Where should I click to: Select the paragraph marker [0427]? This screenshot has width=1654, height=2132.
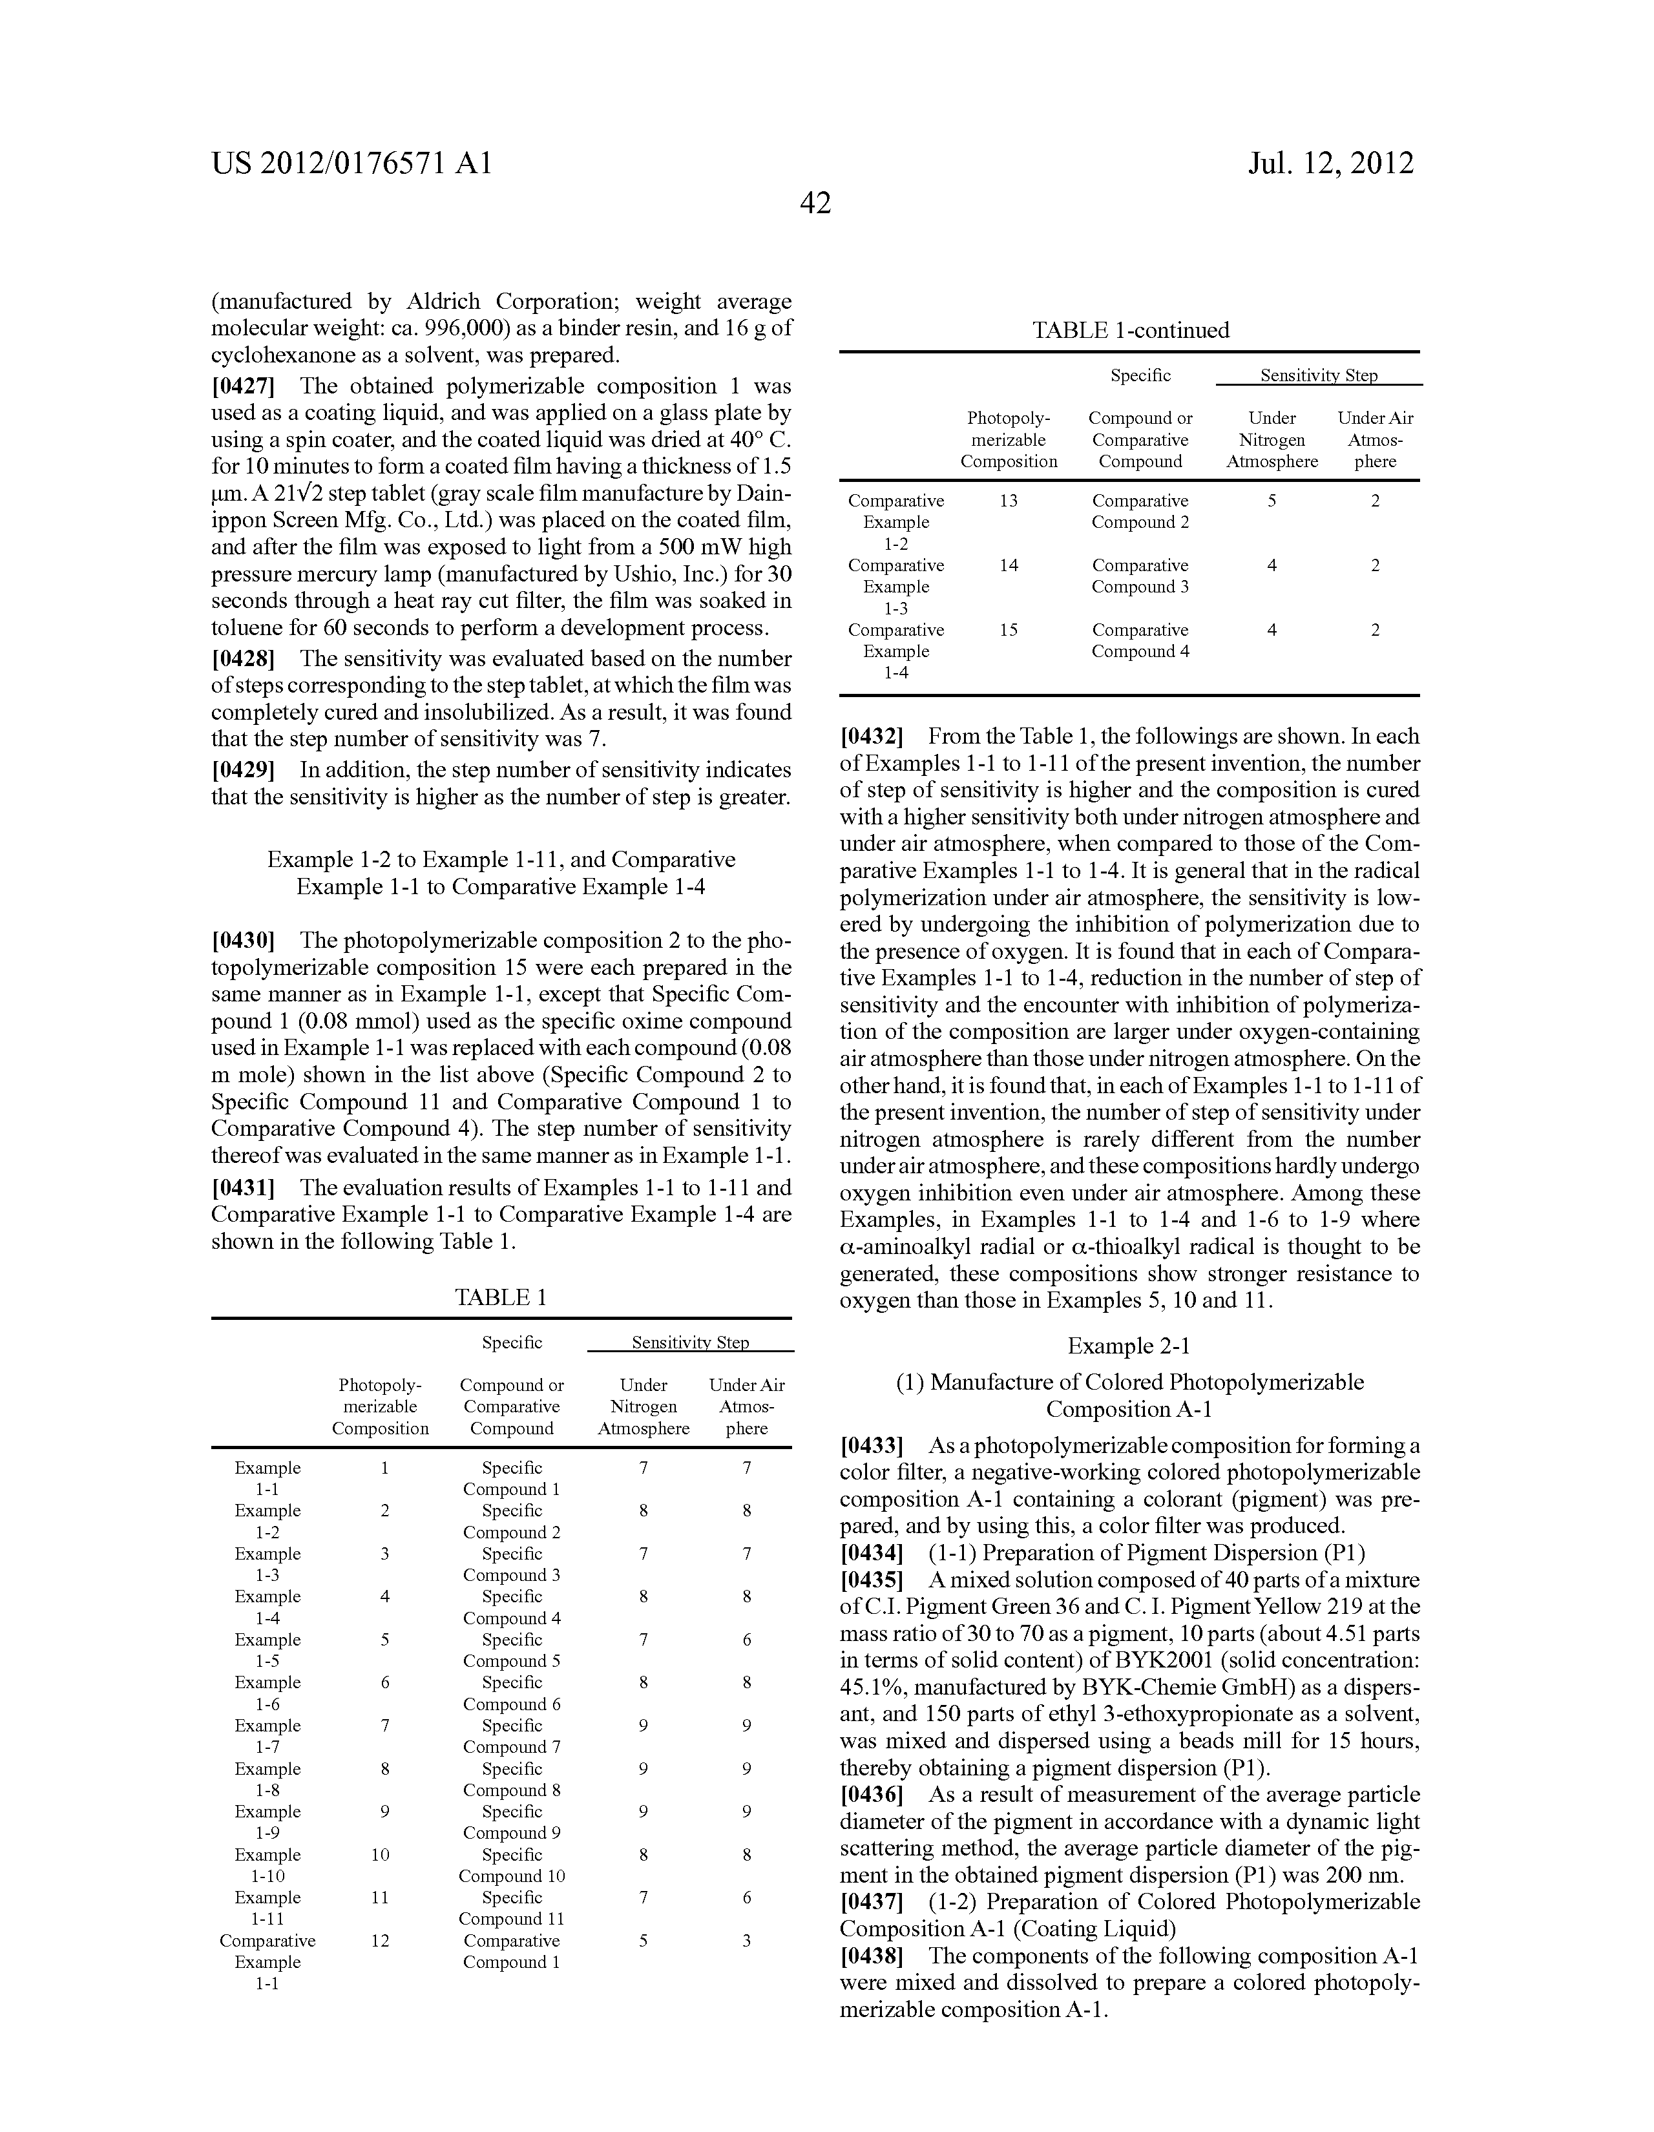[243, 386]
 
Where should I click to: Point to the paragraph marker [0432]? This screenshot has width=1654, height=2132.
[871, 737]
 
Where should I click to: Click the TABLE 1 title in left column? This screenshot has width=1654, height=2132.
[501, 1297]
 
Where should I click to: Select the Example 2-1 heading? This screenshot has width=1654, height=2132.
[1129, 1346]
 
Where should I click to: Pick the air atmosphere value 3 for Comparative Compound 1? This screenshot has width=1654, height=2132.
[746, 1941]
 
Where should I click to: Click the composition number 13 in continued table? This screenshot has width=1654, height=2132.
[1009, 501]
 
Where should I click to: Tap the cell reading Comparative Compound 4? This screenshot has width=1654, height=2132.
[1140, 640]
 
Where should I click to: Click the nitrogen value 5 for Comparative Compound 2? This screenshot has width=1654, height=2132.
[1272, 501]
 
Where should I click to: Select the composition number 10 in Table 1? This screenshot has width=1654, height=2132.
[380, 1855]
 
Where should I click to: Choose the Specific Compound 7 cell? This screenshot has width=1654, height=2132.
[512, 1736]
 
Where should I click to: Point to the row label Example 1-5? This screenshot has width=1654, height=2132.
[267, 1650]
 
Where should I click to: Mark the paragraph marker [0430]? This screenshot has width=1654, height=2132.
[243, 941]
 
